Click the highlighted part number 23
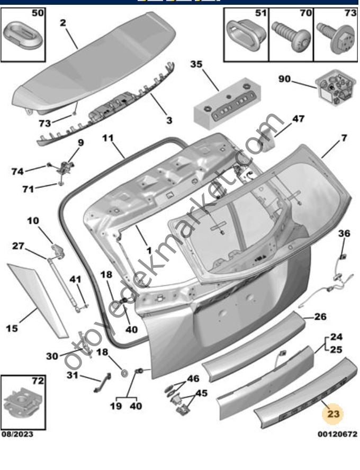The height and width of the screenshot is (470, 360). [333, 414]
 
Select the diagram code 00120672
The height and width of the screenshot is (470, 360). [337, 435]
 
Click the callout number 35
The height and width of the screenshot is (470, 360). [196, 65]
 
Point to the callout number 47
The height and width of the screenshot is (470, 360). [298, 119]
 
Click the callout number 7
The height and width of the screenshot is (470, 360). [344, 138]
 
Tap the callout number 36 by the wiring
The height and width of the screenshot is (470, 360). [344, 233]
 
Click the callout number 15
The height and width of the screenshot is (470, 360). [12, 328]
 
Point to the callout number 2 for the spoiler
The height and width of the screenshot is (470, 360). [63, 23]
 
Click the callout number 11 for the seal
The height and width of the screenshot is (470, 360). [108, 138]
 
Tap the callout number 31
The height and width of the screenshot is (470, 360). [72, 375]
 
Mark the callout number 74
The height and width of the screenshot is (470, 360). [18, 171]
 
